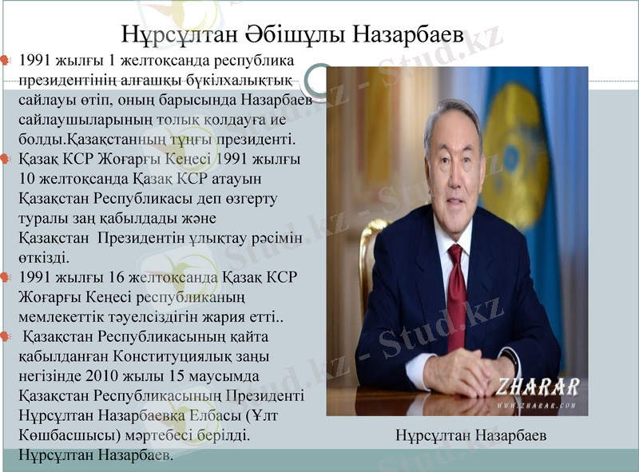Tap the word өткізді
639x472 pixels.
click(45, 257)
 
